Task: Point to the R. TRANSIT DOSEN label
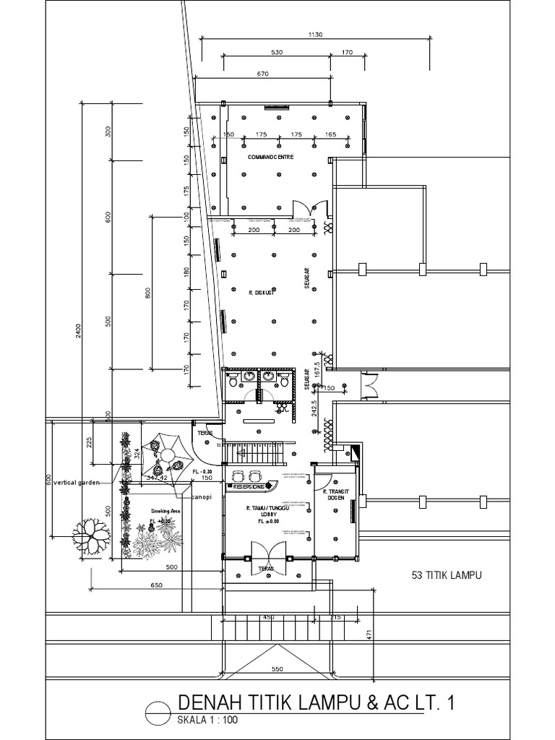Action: [x=336, y=495]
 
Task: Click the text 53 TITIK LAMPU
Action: [x=446, y=575]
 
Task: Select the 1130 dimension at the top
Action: [x=315, y=33]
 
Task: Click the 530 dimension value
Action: [x=277, y=52]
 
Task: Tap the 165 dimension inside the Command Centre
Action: [x=330, y=134]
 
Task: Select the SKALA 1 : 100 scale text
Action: [x=207, y=720]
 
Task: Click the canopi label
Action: [x=202, y=497]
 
